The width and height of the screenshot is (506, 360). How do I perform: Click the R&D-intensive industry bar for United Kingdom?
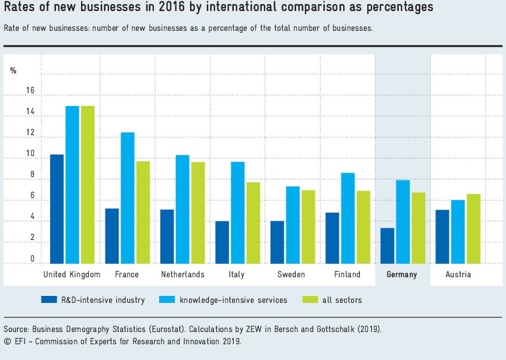(57, 209)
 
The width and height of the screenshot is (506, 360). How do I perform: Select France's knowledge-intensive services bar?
(127, 197)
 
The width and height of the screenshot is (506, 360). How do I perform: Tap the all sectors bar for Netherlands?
(198, 212)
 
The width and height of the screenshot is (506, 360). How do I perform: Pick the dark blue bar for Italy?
(222, 242)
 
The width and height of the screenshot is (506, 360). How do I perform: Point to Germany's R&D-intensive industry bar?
(387, 245)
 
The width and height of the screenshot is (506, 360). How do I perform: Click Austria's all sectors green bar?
(473, 228)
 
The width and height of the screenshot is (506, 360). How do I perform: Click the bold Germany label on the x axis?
(402, 274)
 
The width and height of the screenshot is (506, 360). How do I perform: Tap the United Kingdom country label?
(72, 274)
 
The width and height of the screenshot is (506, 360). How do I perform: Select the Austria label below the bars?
(458, 274)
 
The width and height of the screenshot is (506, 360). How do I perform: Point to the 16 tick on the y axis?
(30, 91)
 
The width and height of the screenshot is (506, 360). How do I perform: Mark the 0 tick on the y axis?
(32, 259)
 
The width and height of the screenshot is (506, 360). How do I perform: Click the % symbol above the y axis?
(13, 70)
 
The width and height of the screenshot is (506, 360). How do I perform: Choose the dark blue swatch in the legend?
(48, 300)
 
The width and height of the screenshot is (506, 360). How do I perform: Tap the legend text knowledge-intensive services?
(233, 300)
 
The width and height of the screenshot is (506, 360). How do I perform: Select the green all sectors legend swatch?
(310, 300)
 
